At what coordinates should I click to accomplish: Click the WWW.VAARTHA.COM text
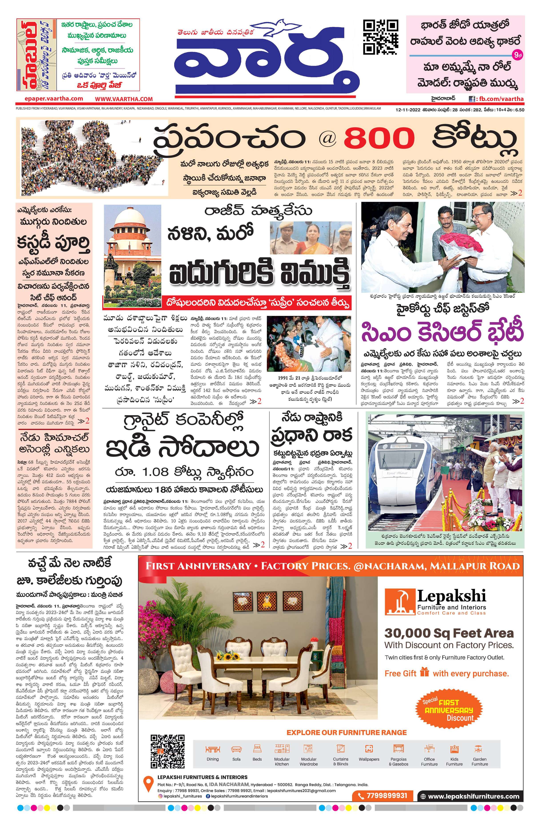124,99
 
